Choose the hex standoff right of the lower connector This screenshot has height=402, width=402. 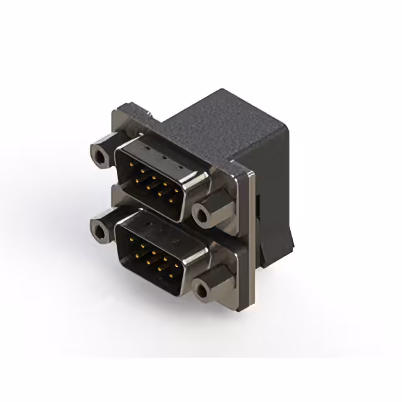coord(205,288)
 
